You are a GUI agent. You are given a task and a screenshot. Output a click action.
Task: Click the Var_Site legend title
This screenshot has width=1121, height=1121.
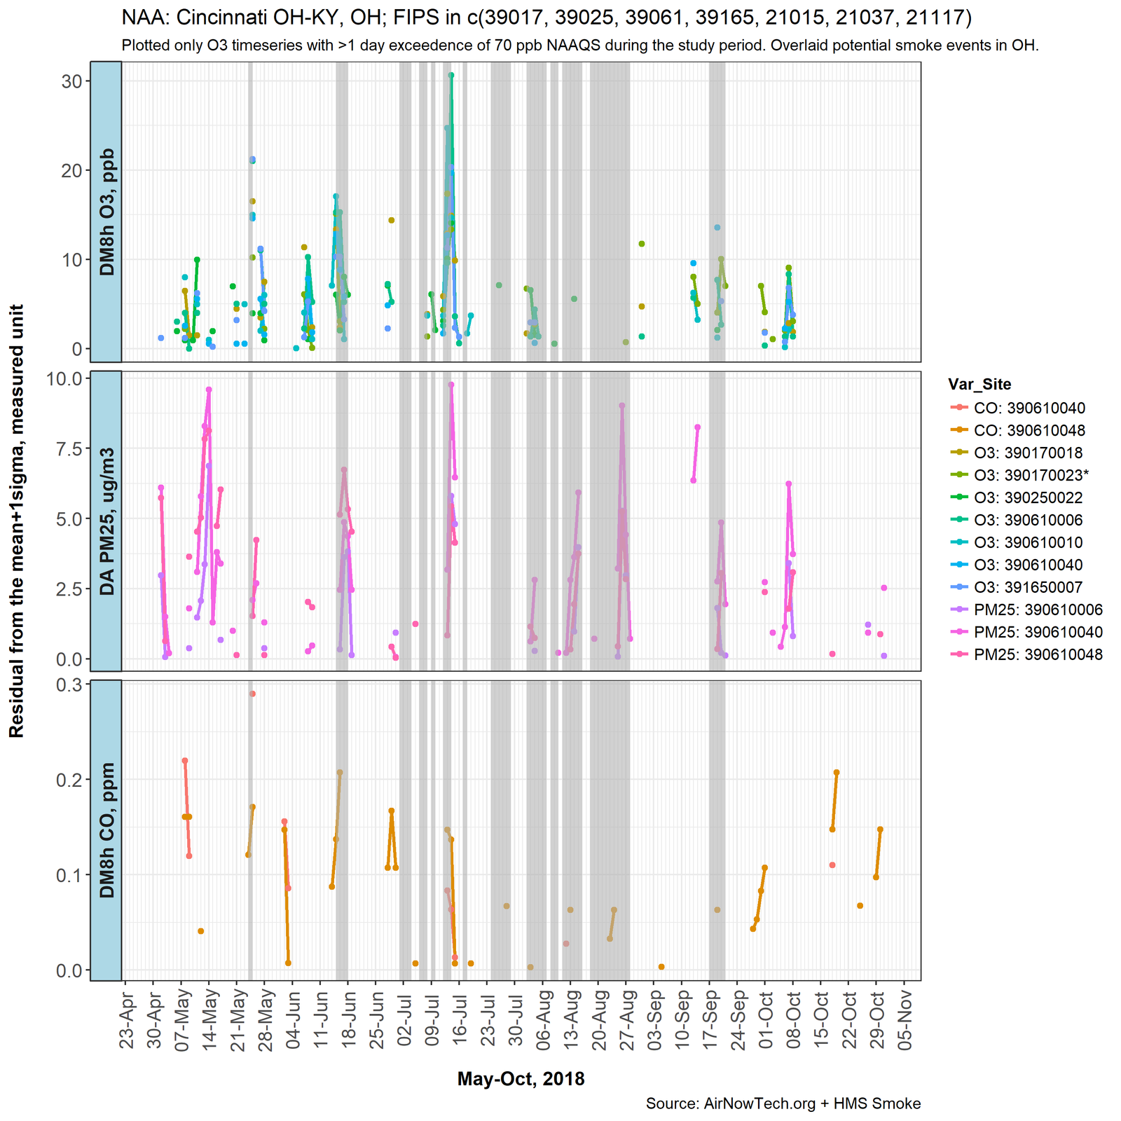979,384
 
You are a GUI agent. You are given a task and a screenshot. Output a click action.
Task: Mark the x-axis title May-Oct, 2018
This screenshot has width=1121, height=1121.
521,1079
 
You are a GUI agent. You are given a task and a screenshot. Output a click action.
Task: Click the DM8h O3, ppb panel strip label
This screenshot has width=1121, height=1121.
106,212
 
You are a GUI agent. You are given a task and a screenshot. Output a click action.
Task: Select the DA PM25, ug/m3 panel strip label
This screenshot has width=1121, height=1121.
106,521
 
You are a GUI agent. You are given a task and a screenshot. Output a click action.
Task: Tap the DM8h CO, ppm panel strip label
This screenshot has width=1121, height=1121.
106,830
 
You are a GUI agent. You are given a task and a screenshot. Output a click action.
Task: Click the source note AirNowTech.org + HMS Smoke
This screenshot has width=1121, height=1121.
783,1104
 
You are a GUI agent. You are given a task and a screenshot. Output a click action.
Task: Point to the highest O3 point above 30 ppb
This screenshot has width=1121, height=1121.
451,75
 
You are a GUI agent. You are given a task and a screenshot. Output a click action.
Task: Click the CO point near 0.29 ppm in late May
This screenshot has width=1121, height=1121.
252,694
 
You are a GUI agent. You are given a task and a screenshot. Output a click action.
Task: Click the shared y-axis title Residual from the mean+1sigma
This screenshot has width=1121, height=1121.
17,521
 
